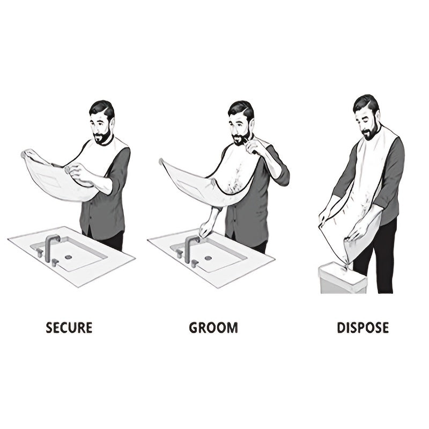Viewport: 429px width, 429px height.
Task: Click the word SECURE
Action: (x=69, y=327)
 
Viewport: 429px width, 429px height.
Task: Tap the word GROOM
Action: (x=213, y=327)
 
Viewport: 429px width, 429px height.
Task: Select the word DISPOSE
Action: (x=363, y=327)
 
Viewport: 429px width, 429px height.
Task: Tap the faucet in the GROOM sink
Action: (x=189, y=247)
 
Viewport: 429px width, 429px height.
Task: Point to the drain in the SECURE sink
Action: (x=68, y=257)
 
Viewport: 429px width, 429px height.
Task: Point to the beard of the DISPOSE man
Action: (x=369, y=132)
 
